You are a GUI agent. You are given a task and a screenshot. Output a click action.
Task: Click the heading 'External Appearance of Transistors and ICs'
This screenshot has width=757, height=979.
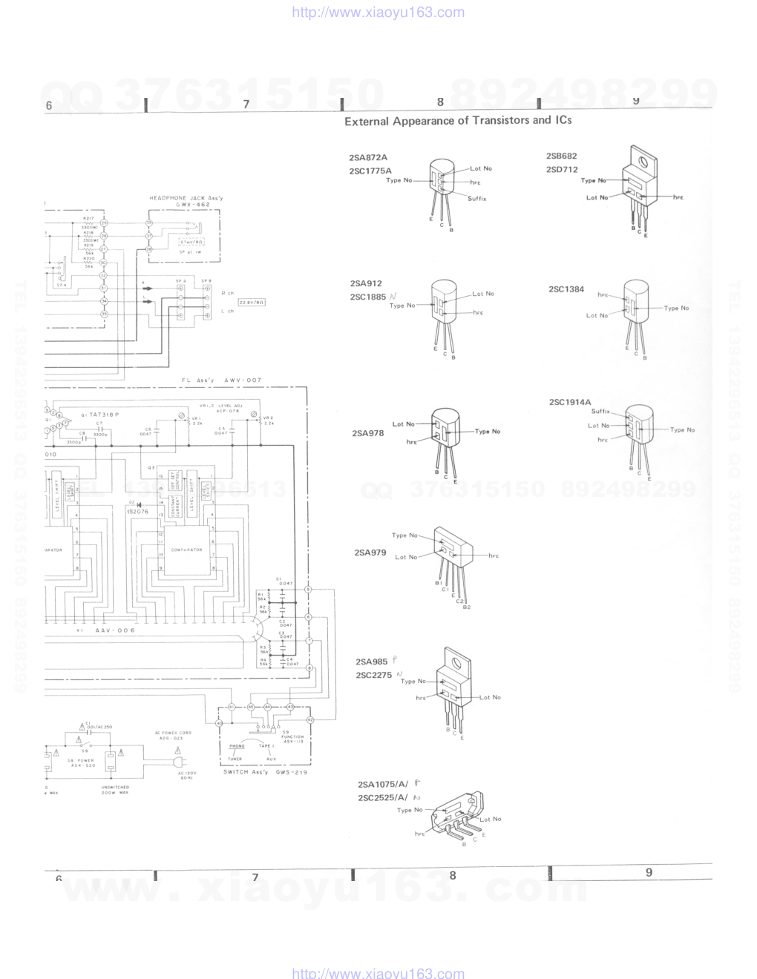pos(458,121)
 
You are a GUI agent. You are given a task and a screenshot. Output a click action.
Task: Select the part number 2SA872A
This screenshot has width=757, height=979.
pos(368,157)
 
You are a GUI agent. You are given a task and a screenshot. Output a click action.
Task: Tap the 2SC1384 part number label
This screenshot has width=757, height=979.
pos(566,289)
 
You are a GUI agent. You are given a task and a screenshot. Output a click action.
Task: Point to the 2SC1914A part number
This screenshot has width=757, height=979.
pos(570,402)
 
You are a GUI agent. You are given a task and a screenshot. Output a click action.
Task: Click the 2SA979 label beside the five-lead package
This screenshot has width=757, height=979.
pos(370,553)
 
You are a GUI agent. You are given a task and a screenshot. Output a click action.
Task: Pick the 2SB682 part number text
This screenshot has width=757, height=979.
pos(561,156)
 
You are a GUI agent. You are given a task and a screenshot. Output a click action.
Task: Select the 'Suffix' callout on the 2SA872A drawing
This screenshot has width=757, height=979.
pos(477,199)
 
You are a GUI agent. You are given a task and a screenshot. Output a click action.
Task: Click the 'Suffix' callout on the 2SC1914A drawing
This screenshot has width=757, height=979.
pos(600,412)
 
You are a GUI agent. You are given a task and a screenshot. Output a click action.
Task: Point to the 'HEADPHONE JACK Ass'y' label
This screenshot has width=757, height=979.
pos(186,198)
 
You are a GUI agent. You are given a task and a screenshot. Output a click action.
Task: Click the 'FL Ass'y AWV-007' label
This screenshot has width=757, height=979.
pos(222,380)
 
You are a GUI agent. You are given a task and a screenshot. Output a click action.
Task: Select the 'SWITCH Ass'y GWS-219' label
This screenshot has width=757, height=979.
pos(265,772)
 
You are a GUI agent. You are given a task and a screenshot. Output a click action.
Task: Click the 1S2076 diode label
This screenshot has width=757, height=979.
pos(137,511)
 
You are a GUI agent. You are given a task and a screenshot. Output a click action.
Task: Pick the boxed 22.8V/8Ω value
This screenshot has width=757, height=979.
pos(252,303)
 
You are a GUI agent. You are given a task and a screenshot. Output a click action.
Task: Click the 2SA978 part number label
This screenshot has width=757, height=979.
pos(368,433)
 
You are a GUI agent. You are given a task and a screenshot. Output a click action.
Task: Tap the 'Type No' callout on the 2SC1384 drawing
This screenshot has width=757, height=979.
pos(676,308)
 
